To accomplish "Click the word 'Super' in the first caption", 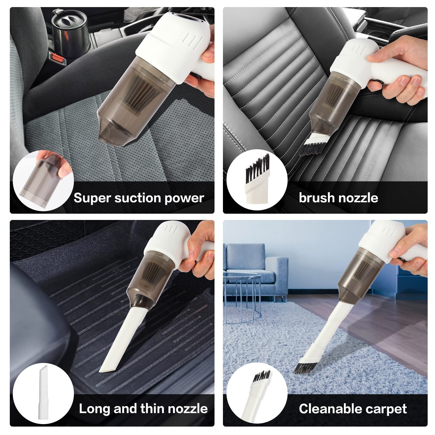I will (92, 198).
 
